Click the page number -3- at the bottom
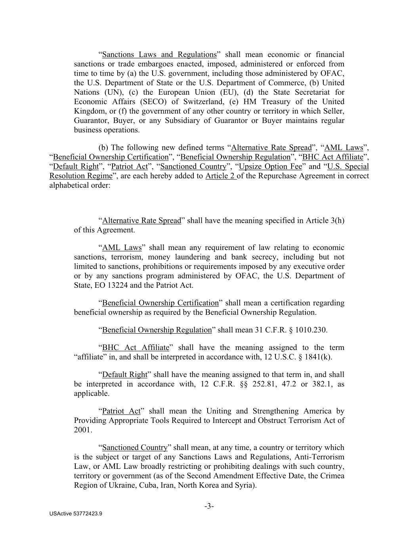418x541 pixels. tap(209, 506)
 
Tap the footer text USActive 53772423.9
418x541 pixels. tap(76, 514)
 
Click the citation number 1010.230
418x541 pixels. tap(312, 330)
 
